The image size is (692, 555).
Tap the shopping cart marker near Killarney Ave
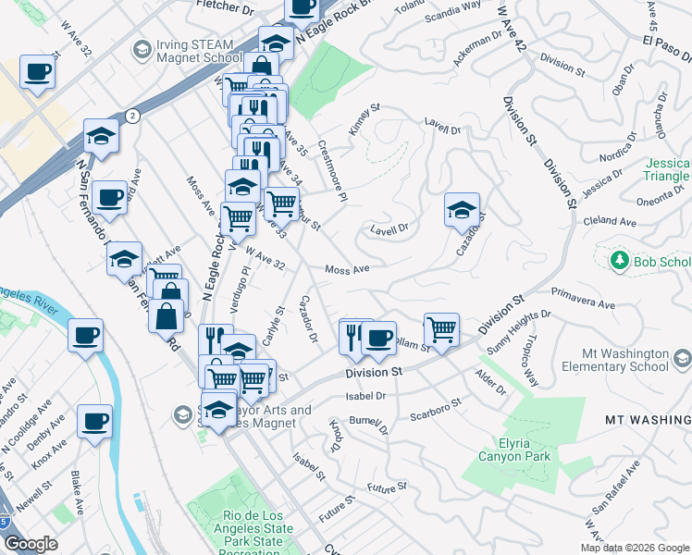[x=441, y=329]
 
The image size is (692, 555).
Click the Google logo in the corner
[x=31, y=544]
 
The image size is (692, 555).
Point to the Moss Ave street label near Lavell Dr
[x=347, y=270]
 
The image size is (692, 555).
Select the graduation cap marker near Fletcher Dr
[x=276, y=42]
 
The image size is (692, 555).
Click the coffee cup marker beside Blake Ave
[x=94, y=422]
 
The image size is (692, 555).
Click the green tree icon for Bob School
[x=620, y=262]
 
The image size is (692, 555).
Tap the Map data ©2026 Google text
[x=635, y=548]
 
